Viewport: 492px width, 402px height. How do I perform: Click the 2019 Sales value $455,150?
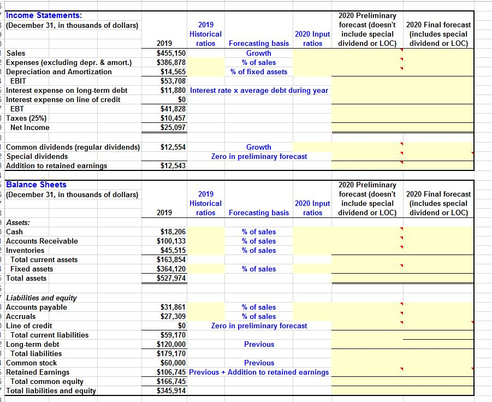(171, 53)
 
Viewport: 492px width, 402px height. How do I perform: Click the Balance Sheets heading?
(36, 185)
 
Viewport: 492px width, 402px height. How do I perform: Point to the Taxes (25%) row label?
(27, 118)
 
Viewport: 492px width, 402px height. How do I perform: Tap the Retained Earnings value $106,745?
(171, 372)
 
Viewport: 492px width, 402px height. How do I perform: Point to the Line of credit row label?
(29, 326)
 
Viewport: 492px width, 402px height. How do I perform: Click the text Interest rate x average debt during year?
(259, 90)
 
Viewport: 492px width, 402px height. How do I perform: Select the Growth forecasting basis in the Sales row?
(259, 53)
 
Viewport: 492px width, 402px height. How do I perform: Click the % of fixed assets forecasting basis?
(259, 72)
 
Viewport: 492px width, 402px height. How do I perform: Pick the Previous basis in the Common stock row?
(259, 363)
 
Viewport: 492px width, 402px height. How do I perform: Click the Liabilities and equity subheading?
(41, 298)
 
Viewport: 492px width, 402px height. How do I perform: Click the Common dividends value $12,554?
(173, 147)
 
